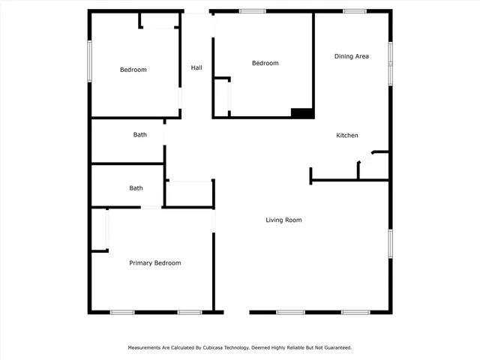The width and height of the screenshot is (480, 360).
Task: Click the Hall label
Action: pyautogui.click(x=196, y=67)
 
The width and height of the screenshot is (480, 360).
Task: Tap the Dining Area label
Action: pyautogui.click(x=351, y=56)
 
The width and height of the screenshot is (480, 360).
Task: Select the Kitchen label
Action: pyautogui.click(x=346, y=135)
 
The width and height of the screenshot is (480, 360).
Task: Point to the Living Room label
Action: pyautogui.click(x=283, y=220)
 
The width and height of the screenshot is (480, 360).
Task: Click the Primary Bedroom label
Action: pyautogui.click(x=154, y=262)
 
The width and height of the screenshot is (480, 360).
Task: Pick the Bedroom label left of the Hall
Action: pyautogui.click(x=133, y=70)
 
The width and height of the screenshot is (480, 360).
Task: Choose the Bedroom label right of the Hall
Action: pyautogui.click(x=265, y=63)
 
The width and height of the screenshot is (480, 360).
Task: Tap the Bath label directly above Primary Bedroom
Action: pyautogui.click(x=136, y=188)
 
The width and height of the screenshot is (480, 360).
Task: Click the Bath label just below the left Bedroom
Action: pyautogui.click(x=140, y=135)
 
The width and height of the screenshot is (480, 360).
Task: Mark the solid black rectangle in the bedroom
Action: pyautogui.click(x=302, y=113)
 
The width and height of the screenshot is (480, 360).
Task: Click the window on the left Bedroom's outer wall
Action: pyautogui.click(x=89, y=61)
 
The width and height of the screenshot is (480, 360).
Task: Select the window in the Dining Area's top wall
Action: pyautogui.click(x=354, y=11)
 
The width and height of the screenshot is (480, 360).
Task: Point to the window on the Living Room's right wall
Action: pyautogui.click(x=390, y=244)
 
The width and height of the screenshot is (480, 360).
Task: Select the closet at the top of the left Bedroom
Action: pyautogui.click(x=158, y=20)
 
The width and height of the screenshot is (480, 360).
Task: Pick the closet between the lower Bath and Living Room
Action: pyautogui.click(x=190, y=193)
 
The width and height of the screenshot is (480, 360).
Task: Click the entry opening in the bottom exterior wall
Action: pyautogui.click(x=236, y=312)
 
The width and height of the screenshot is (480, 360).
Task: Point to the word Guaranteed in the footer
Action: pyautogui.click(x=334, y=348)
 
